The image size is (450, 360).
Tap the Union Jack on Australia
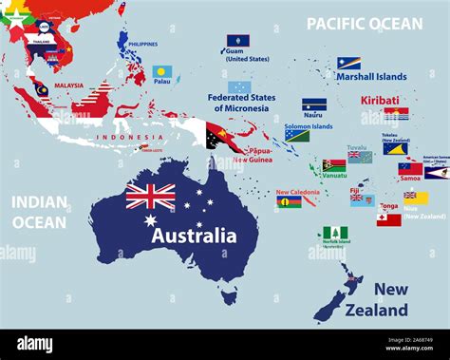point(151,196)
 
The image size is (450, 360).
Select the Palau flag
point(162,71)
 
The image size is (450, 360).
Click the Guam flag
point(237,42)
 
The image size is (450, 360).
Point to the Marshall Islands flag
point(348,63)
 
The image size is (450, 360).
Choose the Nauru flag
point(314,104)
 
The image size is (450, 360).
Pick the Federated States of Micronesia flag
point(239,86)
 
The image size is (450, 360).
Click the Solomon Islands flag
point(297,135)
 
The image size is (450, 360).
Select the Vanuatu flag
point(334,164)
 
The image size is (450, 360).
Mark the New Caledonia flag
point(289,201)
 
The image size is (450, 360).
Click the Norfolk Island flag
point(334,233)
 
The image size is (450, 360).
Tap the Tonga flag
point(388,219)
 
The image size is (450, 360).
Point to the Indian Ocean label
point(39,213)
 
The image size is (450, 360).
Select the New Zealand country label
point(390,299)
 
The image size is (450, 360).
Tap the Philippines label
point(142,44)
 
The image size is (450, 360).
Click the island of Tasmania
point(229,296)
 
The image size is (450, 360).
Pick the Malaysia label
point(68,85)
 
